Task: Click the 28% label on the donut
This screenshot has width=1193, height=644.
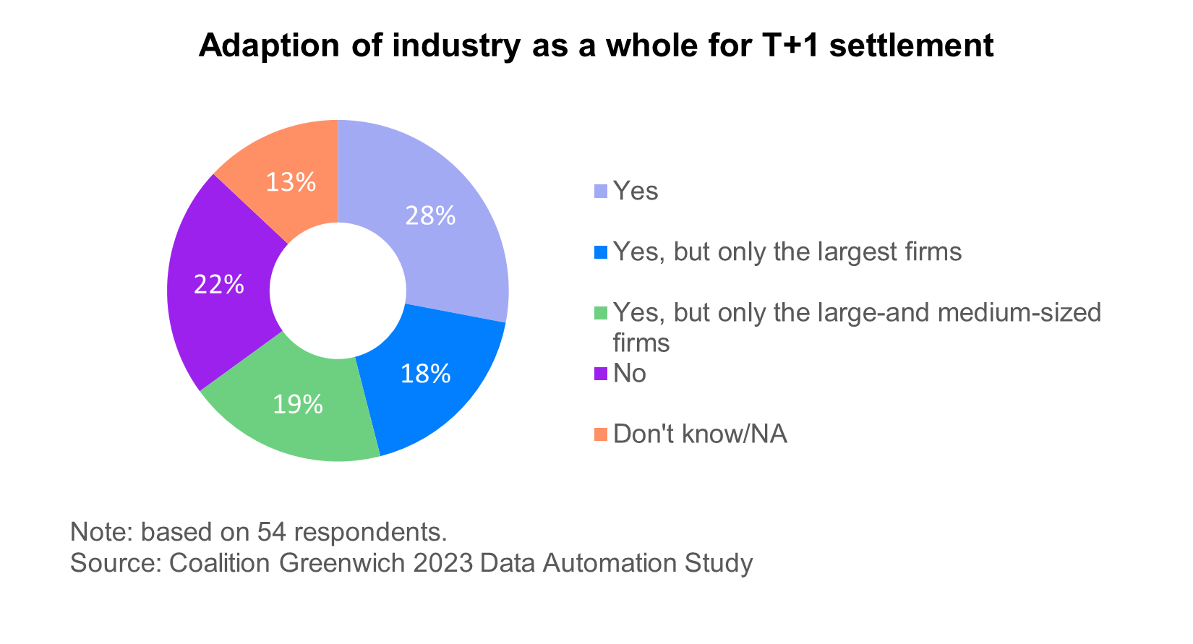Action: [x=430, y=215]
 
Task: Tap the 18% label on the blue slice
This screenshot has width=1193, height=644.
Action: [x=426, y=374]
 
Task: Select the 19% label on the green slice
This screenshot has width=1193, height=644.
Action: [x=297, y=405]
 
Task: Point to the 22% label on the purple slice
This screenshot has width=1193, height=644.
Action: [x=218, y=285]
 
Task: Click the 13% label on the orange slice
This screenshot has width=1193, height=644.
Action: [x=290, y=182]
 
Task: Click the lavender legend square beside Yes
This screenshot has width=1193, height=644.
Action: [x=601, y=192]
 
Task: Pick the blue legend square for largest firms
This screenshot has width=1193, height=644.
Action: [x=601, y=252]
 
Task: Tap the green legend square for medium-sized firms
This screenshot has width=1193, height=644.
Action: [x=601, y=313]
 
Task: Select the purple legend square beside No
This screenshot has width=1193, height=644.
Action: [x=601, y=374]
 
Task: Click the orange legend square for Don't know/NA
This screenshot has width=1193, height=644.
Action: [x=601, y=434]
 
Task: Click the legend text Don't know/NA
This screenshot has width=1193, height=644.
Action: [x=700, y=434]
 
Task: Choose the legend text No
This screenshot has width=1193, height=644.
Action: [x=629, y=374]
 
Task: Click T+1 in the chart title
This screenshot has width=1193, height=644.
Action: [x=790, y=46]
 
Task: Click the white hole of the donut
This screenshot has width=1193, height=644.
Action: [x=338, y=290]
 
